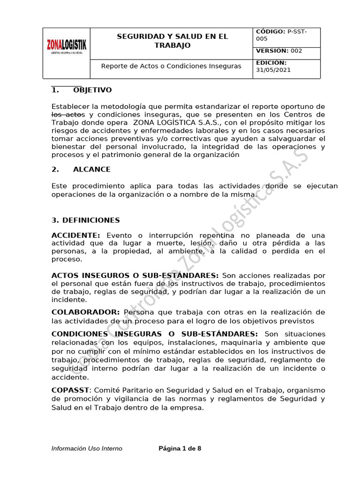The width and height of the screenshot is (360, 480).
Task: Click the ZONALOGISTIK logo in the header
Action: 66,47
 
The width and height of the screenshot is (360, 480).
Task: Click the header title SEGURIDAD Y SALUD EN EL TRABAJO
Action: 172,41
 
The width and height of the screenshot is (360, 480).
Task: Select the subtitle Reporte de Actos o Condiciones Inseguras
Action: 171,66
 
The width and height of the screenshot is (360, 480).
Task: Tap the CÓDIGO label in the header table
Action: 270,31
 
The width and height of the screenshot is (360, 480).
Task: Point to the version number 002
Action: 296,51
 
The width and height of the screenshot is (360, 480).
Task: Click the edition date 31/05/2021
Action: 273,70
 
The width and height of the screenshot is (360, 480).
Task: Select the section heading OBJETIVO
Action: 92,90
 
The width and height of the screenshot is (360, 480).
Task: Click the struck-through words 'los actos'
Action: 68,115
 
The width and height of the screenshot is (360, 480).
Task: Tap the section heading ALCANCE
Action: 92,169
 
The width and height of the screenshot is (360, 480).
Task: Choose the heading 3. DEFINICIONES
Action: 85,220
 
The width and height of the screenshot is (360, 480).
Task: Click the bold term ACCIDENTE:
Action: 75,235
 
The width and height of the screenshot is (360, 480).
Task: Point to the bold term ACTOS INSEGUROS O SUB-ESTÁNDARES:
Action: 135,275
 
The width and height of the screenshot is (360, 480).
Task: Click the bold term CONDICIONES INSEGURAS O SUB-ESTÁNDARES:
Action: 154,334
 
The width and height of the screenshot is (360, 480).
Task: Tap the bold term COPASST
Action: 70,390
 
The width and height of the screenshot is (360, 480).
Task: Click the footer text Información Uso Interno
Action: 87,449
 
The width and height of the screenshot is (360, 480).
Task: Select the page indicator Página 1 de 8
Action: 180,449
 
